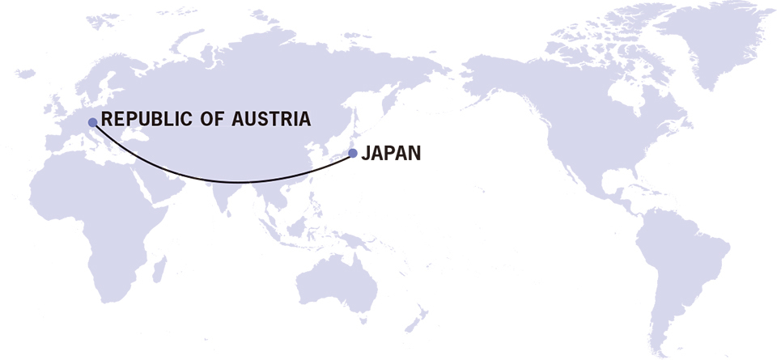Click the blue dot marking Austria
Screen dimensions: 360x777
[92, 121]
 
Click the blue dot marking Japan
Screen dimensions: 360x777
[352, 152]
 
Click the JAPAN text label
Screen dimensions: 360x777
[392, 152]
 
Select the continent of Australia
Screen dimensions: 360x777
[340, 283]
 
